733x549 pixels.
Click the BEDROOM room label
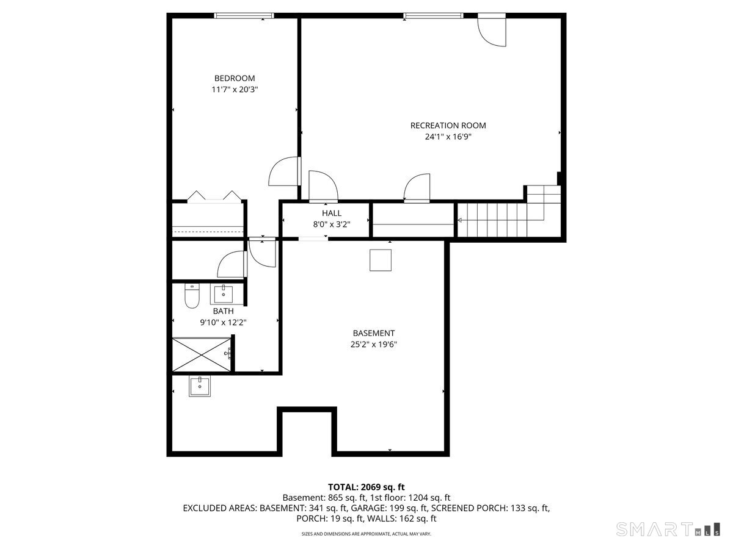(235, 78)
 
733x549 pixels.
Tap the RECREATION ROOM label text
(448, 126)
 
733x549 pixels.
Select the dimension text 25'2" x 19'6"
(373, 344)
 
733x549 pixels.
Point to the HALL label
(332, 213)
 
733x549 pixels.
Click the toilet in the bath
(192, 296)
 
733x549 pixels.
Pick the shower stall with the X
(202, 354)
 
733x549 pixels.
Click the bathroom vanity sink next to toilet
(223, 295)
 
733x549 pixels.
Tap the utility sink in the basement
(200, 386)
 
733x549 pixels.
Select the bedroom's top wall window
(244, 16)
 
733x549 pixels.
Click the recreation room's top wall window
(433, 16)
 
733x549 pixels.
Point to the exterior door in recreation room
(492, 30)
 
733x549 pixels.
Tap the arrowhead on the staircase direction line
(459, 220)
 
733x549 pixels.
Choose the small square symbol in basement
(381, 260)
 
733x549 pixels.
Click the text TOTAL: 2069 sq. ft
(366, 487)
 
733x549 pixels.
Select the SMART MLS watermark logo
(668, 529)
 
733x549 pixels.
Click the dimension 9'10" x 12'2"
(223, 322)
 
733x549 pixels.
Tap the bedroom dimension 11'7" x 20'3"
(235, 90)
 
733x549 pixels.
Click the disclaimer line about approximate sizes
(366, 534)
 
